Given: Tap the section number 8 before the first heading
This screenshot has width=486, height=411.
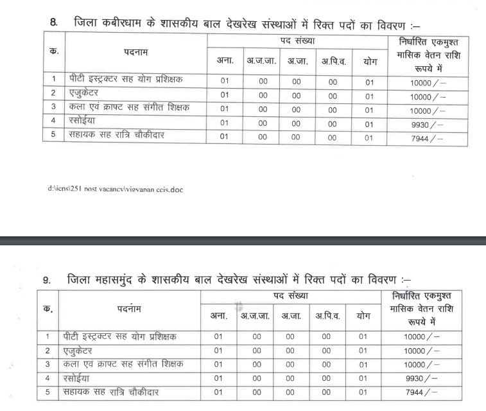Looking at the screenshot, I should pyautogui.click(x=53, y=24).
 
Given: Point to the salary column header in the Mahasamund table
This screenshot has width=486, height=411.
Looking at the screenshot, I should pyautogui.click(x=421, y=308).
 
